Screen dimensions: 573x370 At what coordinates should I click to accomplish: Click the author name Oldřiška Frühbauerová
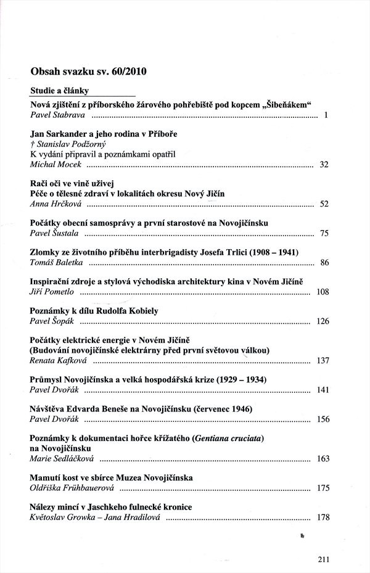(72, 488)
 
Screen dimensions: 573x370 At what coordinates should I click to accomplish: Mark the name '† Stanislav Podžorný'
(68, 144)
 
